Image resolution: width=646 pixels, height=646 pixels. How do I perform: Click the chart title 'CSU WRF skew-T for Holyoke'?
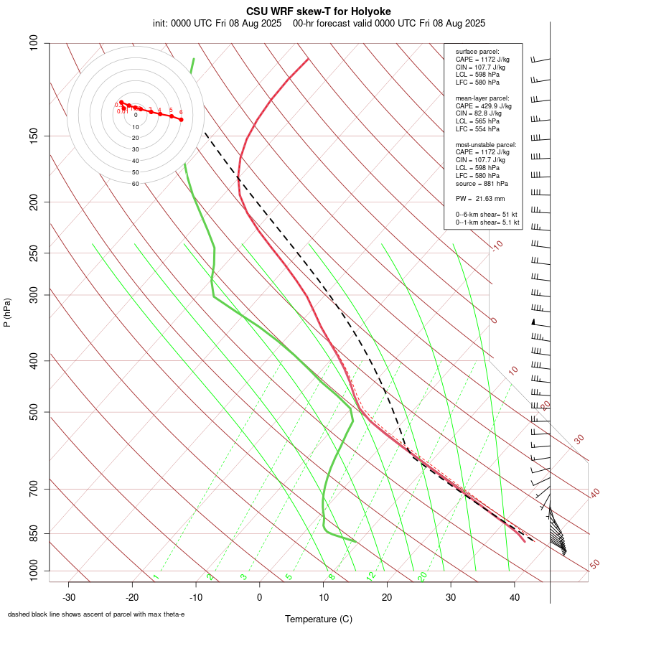coord(319,11)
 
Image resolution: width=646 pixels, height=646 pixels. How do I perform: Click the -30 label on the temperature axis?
coord(69,597)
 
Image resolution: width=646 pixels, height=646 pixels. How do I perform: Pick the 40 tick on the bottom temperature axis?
coord(515,597)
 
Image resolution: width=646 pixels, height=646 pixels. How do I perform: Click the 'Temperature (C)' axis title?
coord(319,619)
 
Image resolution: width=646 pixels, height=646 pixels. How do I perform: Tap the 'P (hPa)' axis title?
coord(7,313)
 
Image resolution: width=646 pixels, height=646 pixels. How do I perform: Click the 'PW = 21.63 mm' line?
coord(480,199)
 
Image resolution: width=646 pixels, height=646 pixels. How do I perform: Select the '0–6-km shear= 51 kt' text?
coord(487,215)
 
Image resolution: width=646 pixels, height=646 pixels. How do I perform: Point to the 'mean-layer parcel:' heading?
coord(482,98)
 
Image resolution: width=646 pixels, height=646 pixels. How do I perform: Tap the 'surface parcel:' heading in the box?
coord(477,51)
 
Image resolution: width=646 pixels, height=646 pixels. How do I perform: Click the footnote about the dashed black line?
coord(96,614)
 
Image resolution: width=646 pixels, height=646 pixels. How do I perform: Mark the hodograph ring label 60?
coord(136,184)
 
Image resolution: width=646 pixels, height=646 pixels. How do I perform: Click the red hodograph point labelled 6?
coord(181,119)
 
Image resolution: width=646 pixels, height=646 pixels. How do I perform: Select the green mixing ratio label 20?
coord(422,576)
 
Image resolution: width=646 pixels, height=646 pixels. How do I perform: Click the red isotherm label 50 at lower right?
coord(594,564)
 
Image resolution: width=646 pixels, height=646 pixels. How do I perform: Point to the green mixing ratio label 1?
coord(156,577)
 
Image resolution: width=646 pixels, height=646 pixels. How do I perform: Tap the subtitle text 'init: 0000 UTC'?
coord(182,23)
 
